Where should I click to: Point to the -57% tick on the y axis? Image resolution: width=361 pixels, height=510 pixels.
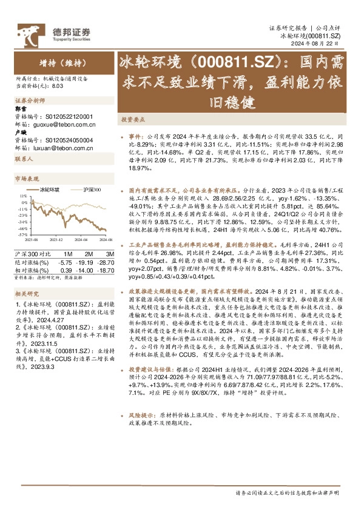(23, 234)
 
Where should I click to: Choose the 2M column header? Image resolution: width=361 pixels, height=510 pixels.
(89, 253)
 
